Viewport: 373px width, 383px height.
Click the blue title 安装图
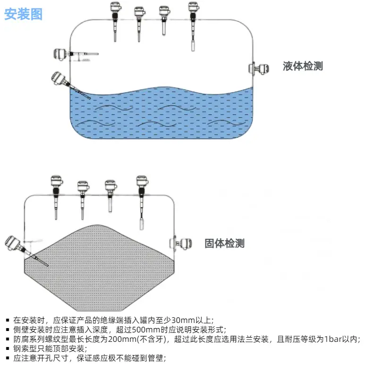point(24,14)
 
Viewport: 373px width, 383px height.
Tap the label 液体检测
point(303,66)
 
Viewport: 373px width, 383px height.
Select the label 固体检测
point(224,244)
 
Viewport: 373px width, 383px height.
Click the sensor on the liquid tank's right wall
point(259,69)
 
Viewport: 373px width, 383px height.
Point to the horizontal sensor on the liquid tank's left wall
point(76,54)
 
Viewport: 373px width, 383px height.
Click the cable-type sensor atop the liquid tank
point(193,26)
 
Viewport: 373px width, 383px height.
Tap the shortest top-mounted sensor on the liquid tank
point(164,21)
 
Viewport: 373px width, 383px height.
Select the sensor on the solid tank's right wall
point(181,244)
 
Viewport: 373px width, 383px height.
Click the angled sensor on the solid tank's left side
point(25,250)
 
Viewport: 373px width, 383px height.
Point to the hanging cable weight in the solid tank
point(142,225)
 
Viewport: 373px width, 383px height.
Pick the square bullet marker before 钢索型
point(8,349)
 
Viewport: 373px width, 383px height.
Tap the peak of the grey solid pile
point(97,225)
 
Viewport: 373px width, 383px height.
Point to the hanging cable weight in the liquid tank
point(193,46)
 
